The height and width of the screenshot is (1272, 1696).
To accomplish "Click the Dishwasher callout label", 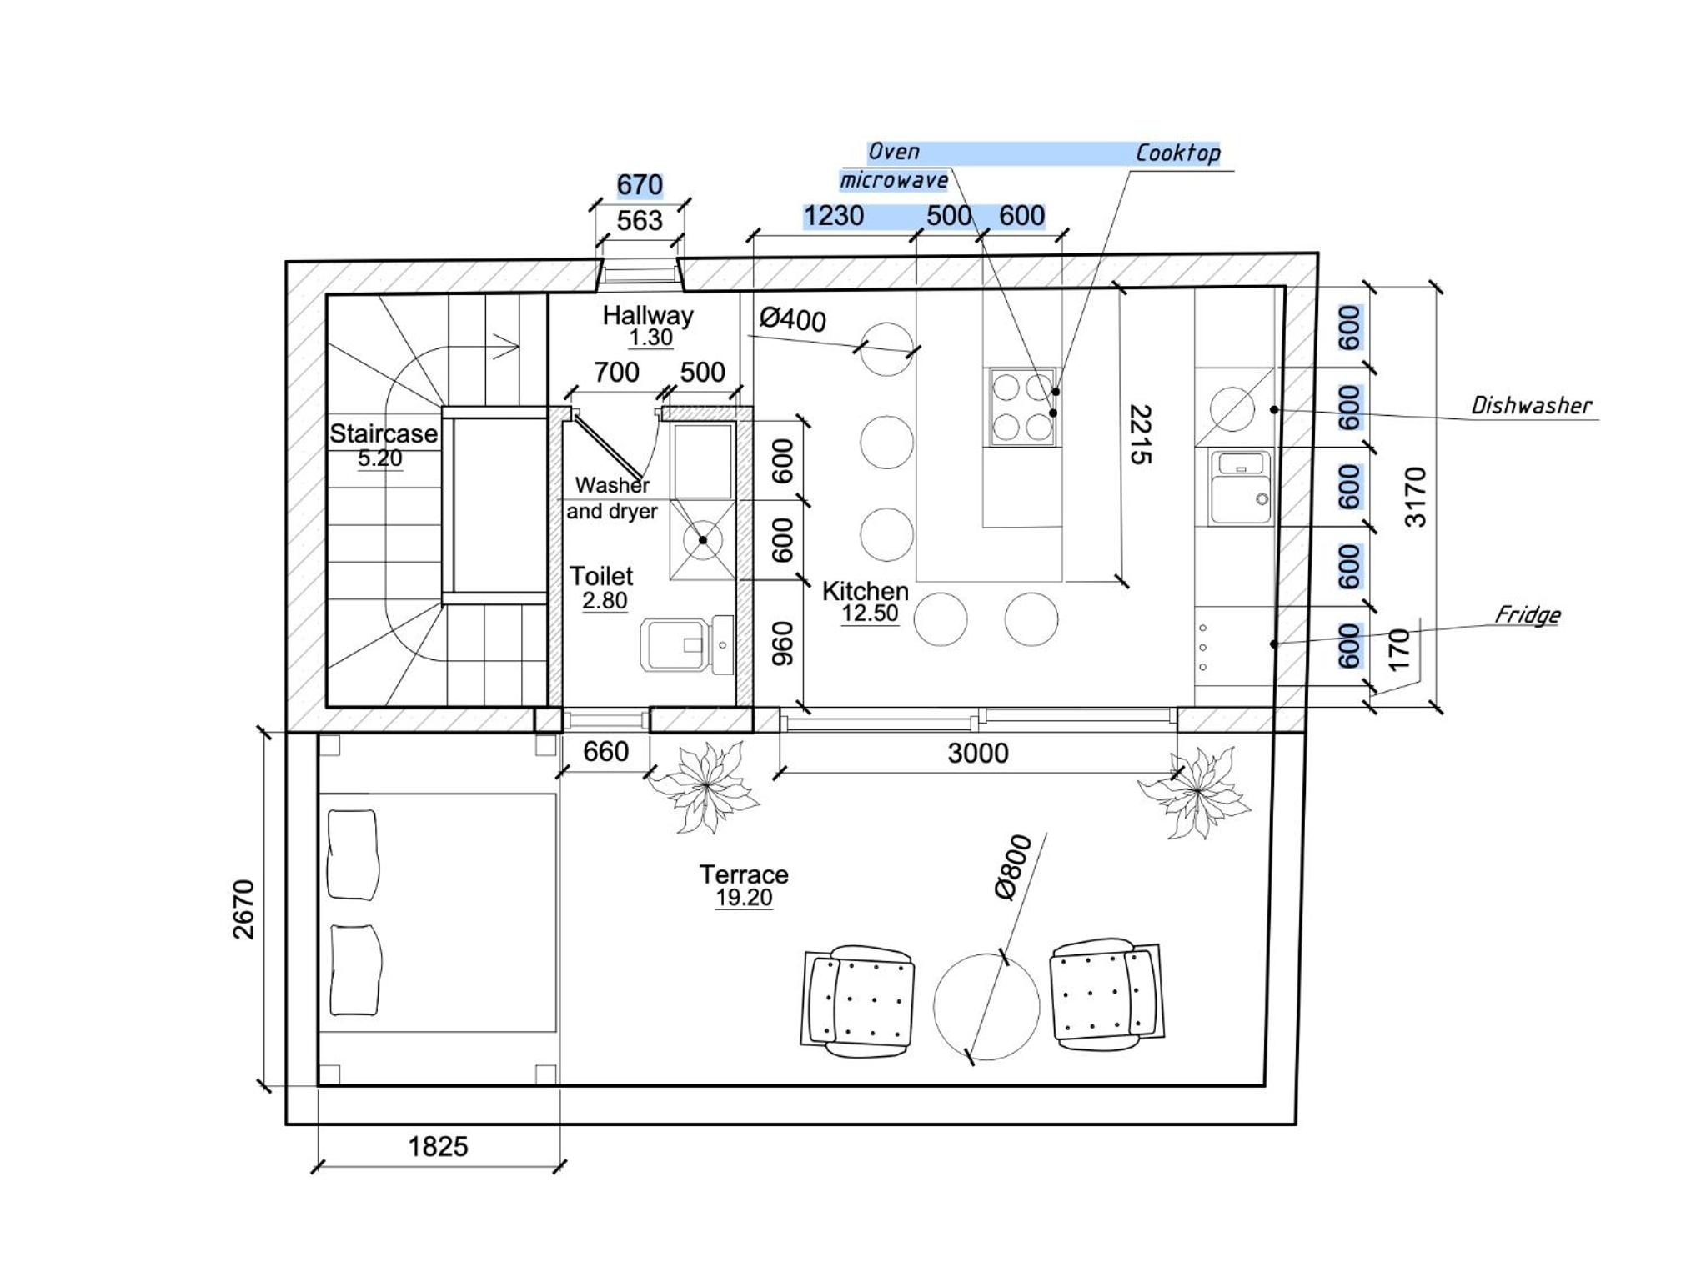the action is [x=1531, y=406].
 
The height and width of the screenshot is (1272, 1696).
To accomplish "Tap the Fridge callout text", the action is [x=1527, y=615].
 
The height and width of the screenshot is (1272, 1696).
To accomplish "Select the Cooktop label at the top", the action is [x=1177, y=153].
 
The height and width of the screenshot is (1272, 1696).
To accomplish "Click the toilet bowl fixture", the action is [x=686, y=644].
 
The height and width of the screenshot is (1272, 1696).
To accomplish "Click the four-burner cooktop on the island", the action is [x=1022, y=408].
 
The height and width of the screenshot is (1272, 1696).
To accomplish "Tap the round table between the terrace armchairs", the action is [x=986, y=1006].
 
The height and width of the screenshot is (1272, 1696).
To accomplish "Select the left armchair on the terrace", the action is [x=858, y=1001].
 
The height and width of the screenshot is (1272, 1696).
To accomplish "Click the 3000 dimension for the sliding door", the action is [x=978, y=754].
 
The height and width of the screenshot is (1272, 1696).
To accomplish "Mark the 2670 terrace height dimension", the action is [x=243, y=909].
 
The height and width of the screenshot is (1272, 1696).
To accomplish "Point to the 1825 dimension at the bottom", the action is [x=438, y=1147].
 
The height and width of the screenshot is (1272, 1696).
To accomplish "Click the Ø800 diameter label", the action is [x=1013, y=868].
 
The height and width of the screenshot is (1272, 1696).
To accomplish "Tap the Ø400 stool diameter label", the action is [x=792, y=319].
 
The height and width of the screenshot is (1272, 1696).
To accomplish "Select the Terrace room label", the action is [x=744, y=875].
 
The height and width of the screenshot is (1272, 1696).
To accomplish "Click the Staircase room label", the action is [x=383, y=434].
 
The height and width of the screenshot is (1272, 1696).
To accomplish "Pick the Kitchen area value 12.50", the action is [x=870, y=614].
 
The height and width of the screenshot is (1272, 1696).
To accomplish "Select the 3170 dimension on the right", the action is [x=1416, y=497].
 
